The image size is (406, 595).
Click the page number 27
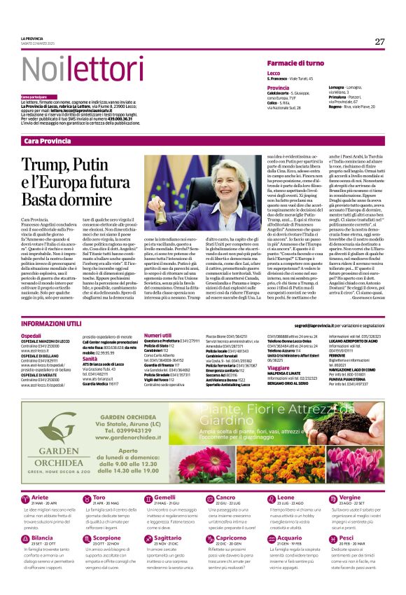[x=380, y=41]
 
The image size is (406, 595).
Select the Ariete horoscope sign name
[x=40, y=497]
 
